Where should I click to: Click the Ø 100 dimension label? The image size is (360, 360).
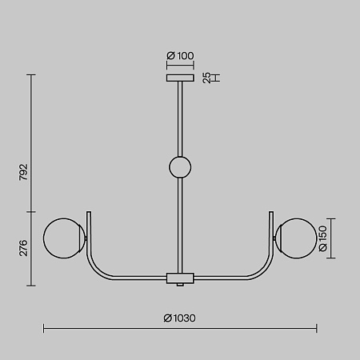[x=180, y=56]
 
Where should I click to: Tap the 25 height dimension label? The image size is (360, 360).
[x=206, y=78]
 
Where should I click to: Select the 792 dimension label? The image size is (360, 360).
[x=23, y=172]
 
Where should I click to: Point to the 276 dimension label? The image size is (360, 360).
[x=23, y=248]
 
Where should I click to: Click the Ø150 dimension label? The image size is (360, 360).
[x=323, y=238]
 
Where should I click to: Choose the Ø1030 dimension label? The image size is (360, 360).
[x=180, y=318]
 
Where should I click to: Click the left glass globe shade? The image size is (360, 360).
[x=65, y=238]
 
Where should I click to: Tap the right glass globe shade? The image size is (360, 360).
[x=296, y=238]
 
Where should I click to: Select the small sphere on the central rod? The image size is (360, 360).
[x=180, y=167]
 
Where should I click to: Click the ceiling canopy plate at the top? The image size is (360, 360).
[x=180, y=78]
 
